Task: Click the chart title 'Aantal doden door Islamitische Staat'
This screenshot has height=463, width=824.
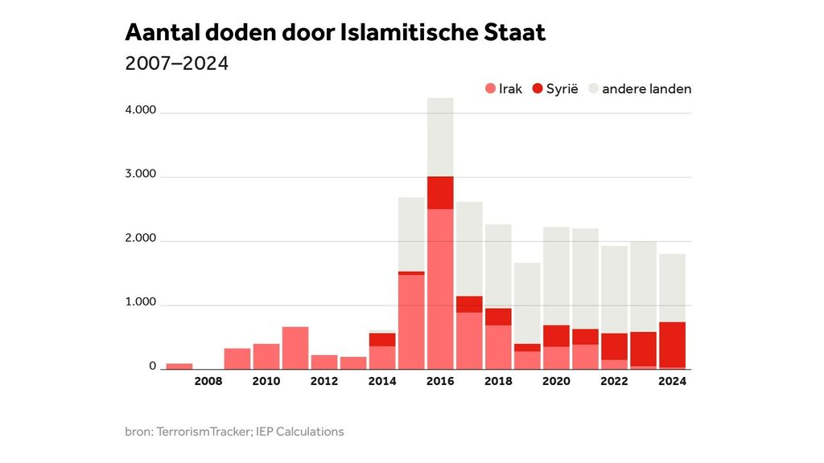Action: tap(335, 32)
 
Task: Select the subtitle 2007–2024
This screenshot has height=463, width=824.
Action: tap(177, 64)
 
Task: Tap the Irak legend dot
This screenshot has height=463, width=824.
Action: tap(489, 89)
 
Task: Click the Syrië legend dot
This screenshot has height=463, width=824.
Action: tap(538, 89)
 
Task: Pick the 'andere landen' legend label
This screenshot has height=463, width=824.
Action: tap(646, 89)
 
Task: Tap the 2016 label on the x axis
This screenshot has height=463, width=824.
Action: tap(440, 382)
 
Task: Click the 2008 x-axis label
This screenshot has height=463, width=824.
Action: tap(208, 382)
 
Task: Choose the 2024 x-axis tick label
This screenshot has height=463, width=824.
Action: tap(672, 382)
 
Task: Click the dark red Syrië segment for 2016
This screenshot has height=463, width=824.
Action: tap(440, 192)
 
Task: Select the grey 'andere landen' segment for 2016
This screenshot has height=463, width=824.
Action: tap(440, 137)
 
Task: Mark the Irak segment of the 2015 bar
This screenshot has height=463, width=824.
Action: tap(411, 322)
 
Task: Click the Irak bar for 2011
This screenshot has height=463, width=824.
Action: tap(295, 348)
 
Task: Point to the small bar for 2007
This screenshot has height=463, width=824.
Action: tap(179, 367)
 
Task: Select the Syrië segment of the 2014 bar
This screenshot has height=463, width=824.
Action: tap(382, 339)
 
